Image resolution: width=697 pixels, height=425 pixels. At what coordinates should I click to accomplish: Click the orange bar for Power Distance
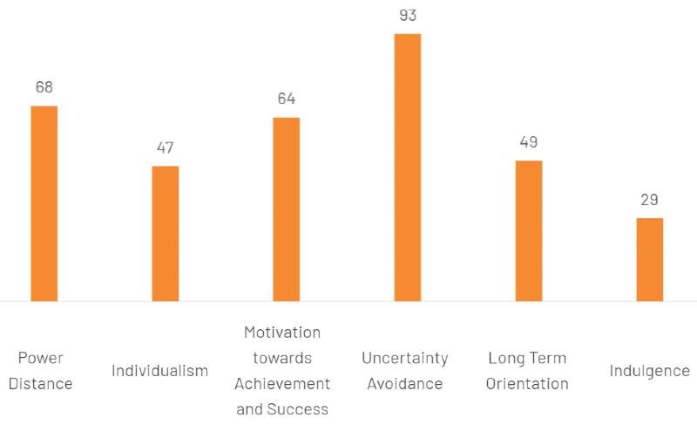44,203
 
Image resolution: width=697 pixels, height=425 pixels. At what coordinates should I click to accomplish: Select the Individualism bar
166,233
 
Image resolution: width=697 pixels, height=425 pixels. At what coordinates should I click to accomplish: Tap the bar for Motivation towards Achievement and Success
287,209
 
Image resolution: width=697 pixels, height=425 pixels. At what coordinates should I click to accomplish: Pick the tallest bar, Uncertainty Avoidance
408,168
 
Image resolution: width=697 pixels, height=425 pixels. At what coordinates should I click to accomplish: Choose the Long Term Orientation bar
529,230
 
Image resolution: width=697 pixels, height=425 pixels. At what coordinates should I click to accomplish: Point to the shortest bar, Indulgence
650,259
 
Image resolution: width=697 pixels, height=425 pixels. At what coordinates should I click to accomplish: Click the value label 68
44,87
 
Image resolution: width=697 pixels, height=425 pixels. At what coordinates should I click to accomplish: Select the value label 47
166,147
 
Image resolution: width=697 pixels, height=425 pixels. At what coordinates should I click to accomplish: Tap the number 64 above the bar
287,99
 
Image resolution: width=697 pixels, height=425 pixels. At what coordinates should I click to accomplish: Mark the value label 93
408,15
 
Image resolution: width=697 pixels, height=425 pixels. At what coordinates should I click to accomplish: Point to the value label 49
529,142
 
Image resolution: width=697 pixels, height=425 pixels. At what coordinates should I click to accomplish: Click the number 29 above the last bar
650,200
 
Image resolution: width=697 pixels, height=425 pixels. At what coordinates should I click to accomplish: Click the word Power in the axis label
41,358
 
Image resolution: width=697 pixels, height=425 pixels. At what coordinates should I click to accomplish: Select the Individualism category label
160,371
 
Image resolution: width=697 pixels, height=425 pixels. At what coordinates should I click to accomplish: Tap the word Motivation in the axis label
282,332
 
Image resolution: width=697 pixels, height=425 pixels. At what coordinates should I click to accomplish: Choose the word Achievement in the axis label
282,384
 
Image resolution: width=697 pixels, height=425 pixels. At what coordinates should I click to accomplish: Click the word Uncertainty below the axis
405,358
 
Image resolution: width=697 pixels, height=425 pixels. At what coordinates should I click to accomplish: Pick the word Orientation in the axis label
527,384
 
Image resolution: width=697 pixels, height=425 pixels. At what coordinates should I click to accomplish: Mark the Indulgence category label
650,371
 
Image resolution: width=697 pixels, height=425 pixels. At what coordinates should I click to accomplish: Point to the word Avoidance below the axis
405,384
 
